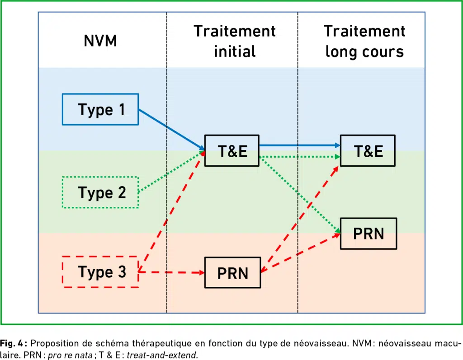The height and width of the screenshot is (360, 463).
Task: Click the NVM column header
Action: point(100,41)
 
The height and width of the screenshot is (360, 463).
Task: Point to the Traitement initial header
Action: point(235,41)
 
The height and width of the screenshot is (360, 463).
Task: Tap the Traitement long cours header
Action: point(365,41)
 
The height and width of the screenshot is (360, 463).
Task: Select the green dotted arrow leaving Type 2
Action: point(171,172)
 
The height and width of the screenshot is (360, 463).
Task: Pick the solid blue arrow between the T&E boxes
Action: point(300,145)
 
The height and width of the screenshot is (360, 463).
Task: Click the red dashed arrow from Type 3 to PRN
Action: point(171,272)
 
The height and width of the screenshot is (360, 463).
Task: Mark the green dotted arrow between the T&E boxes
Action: point(300,157)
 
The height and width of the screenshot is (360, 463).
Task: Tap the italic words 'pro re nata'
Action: point(70,355)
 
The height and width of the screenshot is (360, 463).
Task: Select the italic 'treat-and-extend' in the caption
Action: point(162,355)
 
